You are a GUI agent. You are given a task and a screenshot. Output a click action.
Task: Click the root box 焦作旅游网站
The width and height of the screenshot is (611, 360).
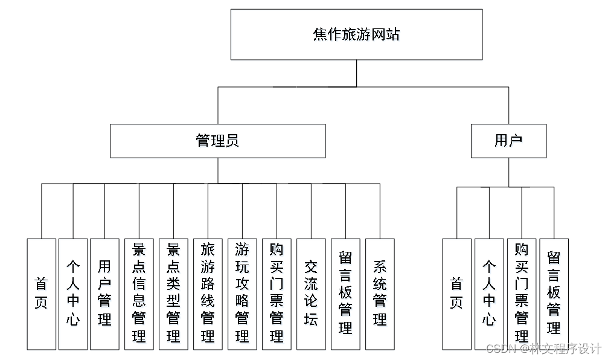(x=356, y=34)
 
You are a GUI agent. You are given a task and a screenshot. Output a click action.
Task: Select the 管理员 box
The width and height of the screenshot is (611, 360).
(x=217, y=141)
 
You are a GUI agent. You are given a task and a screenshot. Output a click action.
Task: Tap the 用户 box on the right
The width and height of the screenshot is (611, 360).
(x=508, y=141)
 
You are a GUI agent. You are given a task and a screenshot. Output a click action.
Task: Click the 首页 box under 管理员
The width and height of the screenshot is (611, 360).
(x=41, y=294)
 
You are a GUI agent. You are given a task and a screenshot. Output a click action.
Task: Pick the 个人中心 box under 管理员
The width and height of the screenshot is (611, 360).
(x=73, y=294)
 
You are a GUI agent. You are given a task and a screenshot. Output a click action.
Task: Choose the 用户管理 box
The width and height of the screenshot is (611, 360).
(x=104, y=294)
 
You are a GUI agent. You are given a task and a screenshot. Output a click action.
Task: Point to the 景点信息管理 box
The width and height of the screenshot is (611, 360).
(x=139, y=294)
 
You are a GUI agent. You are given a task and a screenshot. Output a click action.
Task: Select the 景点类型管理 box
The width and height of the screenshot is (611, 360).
(x=173, y=294)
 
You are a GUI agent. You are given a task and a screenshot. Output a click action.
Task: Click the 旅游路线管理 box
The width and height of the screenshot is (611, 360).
(x=208, y=294)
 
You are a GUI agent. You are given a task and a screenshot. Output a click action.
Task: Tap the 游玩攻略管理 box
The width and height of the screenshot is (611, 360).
(x=242, y=294)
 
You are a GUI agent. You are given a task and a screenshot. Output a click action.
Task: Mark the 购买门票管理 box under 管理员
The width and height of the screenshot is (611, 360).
(x=277, y=294)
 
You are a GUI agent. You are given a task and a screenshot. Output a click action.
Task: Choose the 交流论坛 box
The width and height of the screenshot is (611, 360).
(x=311, y=294)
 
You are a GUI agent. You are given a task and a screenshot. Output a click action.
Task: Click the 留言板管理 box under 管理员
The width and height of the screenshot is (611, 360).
(x=345, y=294)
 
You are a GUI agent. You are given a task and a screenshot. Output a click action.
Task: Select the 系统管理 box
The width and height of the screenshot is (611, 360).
(x=380, y=294)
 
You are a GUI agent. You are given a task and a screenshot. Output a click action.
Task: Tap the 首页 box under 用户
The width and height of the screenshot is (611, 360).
(x=456, y=294)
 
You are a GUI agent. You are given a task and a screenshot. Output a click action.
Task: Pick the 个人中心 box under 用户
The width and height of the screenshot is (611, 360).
(x=489, y=294)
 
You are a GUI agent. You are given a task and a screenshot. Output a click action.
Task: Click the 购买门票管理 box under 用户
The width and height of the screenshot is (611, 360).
(x=522, y=294)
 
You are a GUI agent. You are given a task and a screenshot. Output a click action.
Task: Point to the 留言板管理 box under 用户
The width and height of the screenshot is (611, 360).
(x=554, y=294)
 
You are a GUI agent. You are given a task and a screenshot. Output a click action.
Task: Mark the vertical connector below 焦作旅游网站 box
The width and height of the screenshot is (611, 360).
(x=356, y=73)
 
